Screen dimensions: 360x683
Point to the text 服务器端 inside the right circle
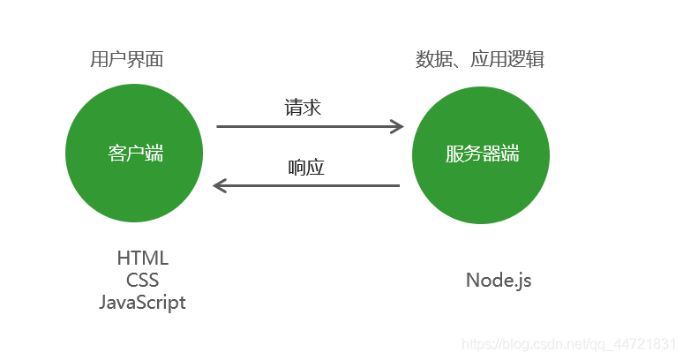pyautogui.click(x=482, y=154)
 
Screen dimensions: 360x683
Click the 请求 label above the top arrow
pyautogui.click(x=303, y=108)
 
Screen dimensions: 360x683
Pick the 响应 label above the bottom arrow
pyautogui.click(x=306, y=167)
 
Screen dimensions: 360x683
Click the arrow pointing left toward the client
pyautogui.click(x=309, y=185)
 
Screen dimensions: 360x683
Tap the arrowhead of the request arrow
pyautogui.click(x=397, y=127)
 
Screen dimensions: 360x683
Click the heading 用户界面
pyautogui.click(x=127, y=60)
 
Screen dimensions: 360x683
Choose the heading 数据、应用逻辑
pyautogui.click(x=479, y=60)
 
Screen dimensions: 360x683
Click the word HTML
pyautogui.click(x=142, y=259)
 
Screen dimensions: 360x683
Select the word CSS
pyautogui.click(x=142, y=281)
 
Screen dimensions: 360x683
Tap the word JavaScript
pyautogui.click(x=142, y=302)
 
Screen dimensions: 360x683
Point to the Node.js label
pyautogui.click(x=499, y=281)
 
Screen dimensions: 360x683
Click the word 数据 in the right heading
pyautogui.click(x=430, y=60)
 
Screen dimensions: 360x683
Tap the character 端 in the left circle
pyautogui.click(x=154, y=154)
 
